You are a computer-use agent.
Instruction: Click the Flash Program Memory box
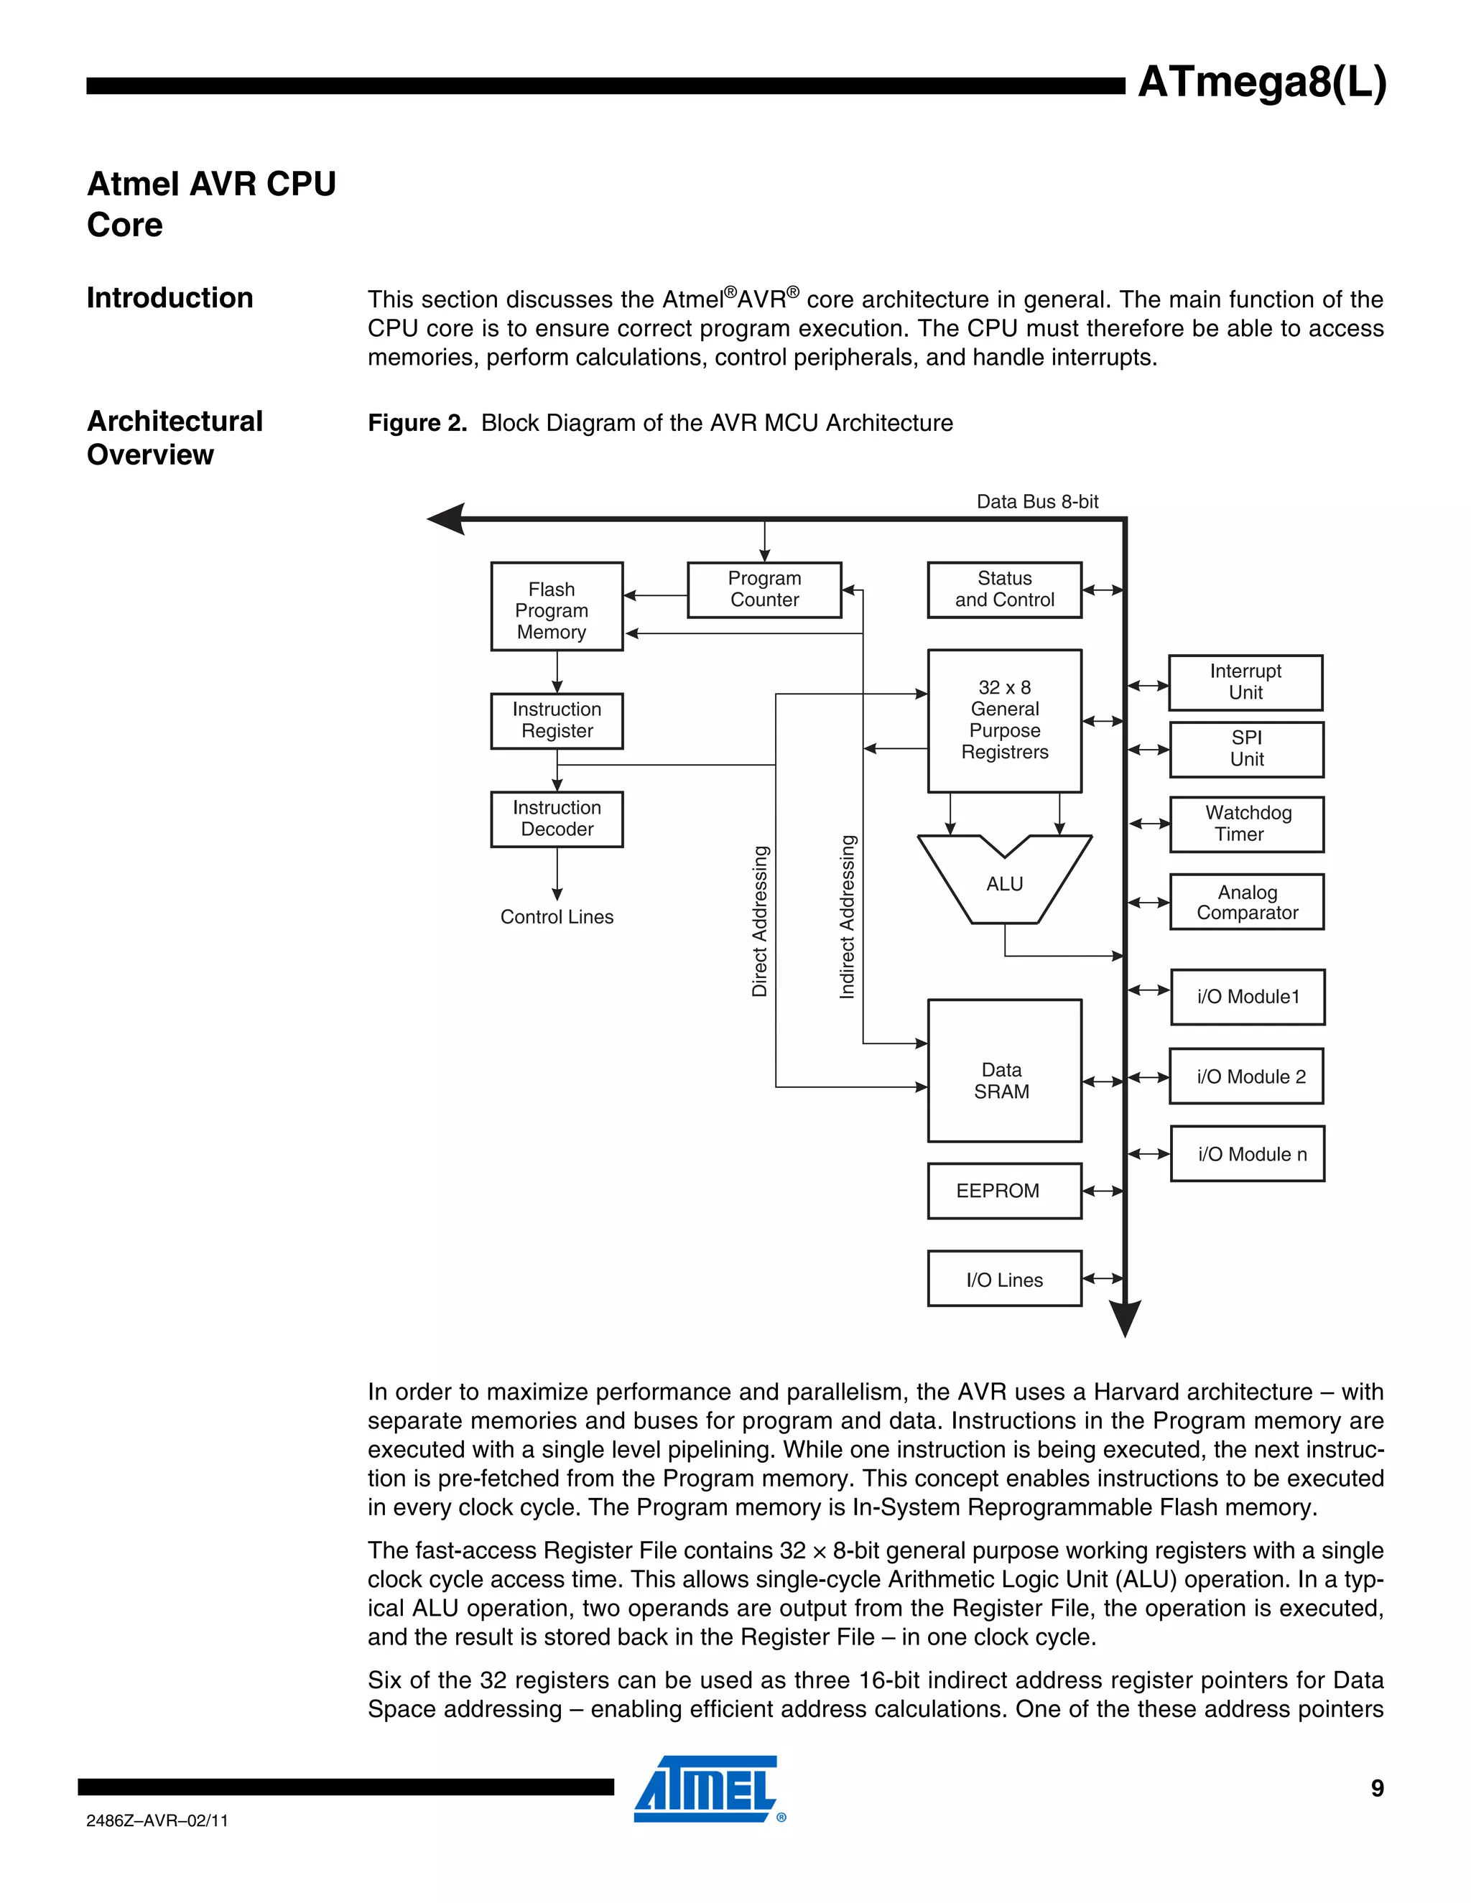tap(556, 607)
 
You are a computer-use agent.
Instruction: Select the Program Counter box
tap(764, 590)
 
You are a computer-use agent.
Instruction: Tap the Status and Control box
tap(1004, 590)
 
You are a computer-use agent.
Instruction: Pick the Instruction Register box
tap(556, 720)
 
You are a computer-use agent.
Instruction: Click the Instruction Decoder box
tap(556, 819)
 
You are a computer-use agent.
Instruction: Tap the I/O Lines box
tap(1004, 1279)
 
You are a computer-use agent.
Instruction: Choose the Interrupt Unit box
tap(1245, 682)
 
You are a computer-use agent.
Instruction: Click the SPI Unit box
tap(1246, 749)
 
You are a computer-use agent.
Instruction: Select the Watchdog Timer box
tap(1247, 824)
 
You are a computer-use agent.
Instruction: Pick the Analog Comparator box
tap(1247, 903)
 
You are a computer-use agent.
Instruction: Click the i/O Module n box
tap(1247, 1154)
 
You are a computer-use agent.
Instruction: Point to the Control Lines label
tap(556, 916)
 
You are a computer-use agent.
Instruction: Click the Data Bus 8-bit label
tap(1037, 502)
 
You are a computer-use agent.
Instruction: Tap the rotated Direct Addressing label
tap(760, 921)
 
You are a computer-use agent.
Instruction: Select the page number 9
tap(1377, 1788)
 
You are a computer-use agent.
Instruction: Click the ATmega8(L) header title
tap(1261, 83)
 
